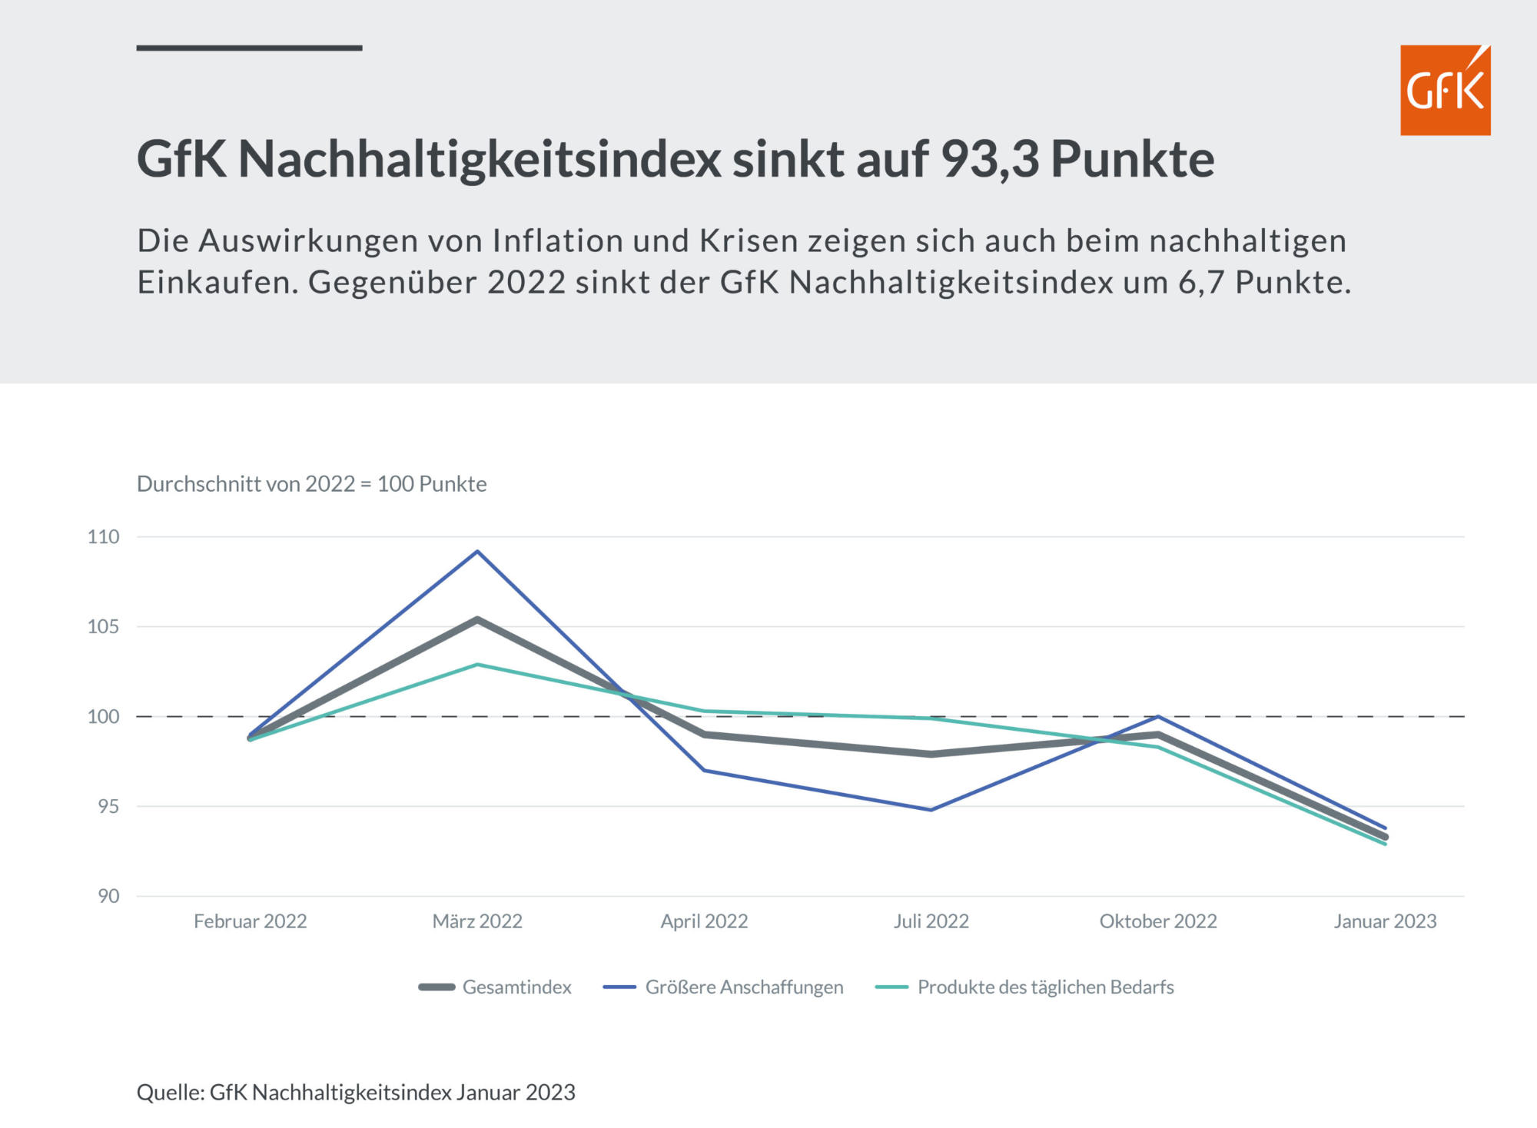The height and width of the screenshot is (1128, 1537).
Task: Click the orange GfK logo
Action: (1445, 90)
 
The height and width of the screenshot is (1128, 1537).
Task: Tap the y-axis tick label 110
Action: (104, 536)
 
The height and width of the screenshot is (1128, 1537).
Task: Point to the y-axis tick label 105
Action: (104, 626)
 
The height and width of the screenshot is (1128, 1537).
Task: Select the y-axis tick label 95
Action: (108, 806)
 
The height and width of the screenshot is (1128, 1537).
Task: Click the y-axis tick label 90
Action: (108, 896)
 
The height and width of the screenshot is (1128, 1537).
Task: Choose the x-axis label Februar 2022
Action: (250, 921)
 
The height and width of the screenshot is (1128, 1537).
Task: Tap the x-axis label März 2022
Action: (477, 921)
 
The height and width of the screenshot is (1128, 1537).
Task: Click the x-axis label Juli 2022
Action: (931, 921)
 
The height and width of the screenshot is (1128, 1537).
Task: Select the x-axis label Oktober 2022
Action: (1158, 921)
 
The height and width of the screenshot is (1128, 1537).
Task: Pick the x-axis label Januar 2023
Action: (1385, 921)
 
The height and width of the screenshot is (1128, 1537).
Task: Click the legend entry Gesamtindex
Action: (516, 987)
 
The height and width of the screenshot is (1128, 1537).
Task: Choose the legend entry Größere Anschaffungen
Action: (744, 987)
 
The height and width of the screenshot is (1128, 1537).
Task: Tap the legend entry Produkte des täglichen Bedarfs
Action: (1045, 987)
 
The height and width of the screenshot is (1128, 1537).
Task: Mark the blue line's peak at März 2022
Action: (477, 551)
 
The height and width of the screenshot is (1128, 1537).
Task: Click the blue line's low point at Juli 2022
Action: (931, 810)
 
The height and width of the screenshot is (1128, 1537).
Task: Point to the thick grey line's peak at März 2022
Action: (477, 619)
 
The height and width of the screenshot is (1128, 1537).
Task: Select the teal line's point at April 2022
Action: (704, 712)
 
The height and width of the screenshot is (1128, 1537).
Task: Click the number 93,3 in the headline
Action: (990, 159)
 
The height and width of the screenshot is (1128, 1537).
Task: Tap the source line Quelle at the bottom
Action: (356, 1092)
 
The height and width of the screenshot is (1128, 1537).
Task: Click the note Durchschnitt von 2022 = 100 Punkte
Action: (311, 484)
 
